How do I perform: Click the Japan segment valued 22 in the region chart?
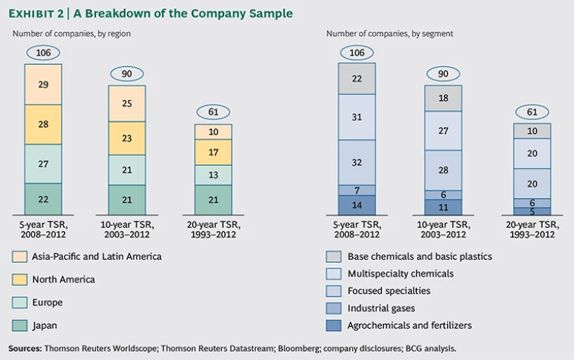(43, 199)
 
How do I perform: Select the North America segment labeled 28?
(43, 124)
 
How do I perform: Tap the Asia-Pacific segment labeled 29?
(43, 84)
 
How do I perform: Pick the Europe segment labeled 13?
(213, 175)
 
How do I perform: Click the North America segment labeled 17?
(213, 152)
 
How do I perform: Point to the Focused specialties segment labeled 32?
(357, 162)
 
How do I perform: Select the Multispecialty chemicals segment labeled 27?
(444, 131)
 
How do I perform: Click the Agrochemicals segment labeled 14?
(357, 205)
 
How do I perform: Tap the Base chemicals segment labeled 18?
(444, 98)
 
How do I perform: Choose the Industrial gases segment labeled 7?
(357, 190)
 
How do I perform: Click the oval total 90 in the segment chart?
(444, 73)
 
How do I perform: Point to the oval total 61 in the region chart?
(213, 112)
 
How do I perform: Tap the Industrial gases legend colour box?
(333, 308)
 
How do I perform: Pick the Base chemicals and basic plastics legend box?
(333, 256)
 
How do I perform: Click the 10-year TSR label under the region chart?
(128, 229)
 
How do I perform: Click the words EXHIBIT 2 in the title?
(36, 13)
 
